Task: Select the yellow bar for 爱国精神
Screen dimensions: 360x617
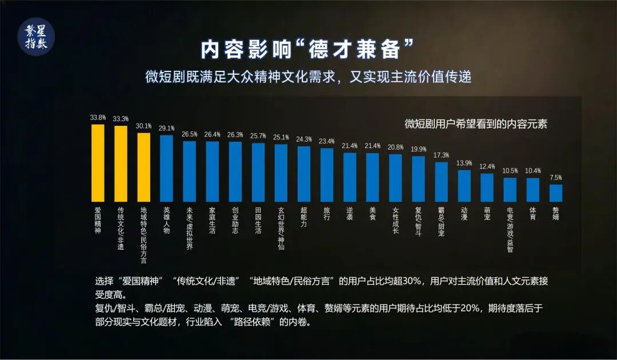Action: (98, 163)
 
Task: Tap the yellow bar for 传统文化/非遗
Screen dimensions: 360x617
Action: (121, 163)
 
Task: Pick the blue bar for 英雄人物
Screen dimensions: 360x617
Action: (166, 168)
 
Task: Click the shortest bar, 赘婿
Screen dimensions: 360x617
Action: (556, 193)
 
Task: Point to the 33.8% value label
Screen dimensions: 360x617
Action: (98, 118)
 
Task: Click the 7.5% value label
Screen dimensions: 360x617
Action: (556, 178)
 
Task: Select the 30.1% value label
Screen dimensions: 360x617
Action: (144, 126)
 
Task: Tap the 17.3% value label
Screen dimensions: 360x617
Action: (442, 155)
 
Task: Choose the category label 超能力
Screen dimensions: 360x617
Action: (304, 217)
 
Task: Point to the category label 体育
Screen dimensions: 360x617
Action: (532, 214)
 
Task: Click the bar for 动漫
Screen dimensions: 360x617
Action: (464, 186)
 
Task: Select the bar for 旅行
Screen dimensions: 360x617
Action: (327, 175)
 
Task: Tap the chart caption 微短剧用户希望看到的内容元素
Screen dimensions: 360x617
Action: (475, 124)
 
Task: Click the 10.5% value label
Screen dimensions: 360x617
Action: (510, 171)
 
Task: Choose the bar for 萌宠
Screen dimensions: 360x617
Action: (487, 187)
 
